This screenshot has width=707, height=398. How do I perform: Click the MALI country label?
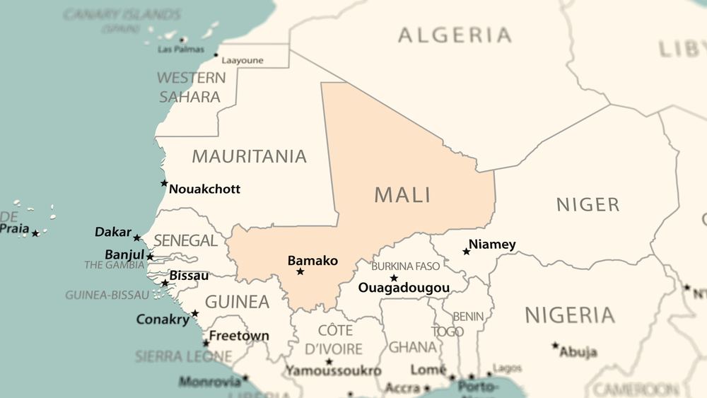402,194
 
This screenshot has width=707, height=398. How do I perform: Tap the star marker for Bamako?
300,271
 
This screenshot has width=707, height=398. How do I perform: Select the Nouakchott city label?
204,189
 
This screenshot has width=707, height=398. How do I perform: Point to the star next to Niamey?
467,252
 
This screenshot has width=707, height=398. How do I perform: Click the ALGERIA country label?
455,35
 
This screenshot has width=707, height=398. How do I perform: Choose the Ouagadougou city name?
404,288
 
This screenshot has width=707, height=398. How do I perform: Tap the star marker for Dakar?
137,238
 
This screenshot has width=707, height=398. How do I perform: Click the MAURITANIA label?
250,156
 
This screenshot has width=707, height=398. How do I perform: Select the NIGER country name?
588,205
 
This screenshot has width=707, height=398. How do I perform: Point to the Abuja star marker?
556,346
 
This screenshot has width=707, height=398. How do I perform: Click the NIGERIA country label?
569,315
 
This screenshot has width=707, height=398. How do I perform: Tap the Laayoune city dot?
216,54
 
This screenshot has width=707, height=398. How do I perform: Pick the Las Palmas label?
177,49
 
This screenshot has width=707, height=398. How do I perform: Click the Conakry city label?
163,319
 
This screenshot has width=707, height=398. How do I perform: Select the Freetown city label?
239,335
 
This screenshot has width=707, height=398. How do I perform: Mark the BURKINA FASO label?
405,267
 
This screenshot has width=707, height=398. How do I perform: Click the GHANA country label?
412,347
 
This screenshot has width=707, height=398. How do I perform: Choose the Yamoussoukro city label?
333,370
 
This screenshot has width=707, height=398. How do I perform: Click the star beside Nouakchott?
164,183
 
